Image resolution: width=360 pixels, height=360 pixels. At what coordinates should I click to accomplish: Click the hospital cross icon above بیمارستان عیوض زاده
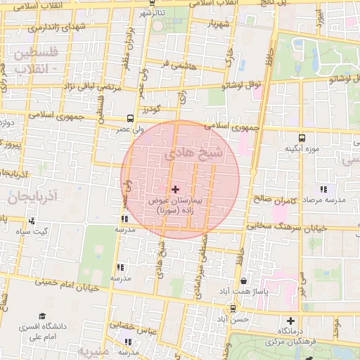(175, 189)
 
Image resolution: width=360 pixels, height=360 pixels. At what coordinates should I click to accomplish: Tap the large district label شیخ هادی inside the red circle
(193, 154)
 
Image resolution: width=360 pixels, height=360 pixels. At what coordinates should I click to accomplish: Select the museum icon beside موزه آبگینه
(302, 138)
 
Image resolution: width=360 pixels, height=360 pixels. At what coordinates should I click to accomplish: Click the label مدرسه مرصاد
(324, 200)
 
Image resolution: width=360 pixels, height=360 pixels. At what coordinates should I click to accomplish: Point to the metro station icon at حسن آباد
(233, 308)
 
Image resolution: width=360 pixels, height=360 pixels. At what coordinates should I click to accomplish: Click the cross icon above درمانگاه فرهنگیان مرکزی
(290, 321)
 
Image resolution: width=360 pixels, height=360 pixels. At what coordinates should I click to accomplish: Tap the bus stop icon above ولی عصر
(129, 119)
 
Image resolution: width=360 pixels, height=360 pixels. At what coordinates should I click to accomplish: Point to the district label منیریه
(95, 350)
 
